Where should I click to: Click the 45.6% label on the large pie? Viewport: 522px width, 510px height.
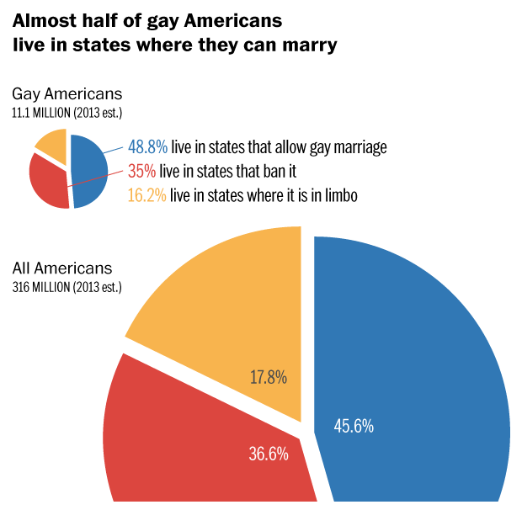point(354,426)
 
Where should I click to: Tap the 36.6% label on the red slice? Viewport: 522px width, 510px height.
point(269,454)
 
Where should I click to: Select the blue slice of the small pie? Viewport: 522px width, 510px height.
point(89,168)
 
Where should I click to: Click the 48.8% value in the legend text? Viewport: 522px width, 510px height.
point(147,147)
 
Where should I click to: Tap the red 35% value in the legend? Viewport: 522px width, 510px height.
point(141,172)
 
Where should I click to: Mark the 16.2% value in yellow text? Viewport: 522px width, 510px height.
point(146,195)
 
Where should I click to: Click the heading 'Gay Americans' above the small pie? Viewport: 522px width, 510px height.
point(67,94)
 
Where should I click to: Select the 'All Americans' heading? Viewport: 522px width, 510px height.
point(61,269)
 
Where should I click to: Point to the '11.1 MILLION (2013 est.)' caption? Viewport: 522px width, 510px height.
point(67,112)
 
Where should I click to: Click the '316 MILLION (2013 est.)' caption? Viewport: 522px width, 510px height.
point(67,287)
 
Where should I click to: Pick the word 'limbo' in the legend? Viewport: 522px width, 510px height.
point(339,195)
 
